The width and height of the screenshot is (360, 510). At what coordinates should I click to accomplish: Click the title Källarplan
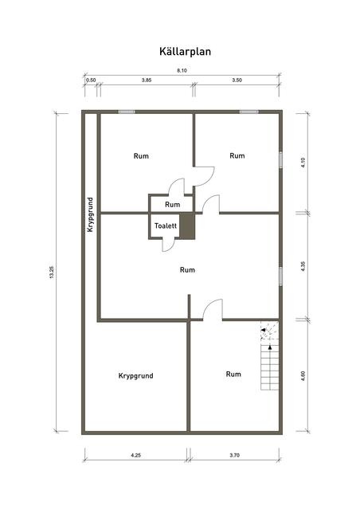(185, 52)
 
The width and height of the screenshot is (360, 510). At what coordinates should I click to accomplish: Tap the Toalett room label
(166, 226)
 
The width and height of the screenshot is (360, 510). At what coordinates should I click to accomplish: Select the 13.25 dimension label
(52, 273)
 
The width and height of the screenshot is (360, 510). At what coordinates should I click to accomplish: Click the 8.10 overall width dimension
(182, 70)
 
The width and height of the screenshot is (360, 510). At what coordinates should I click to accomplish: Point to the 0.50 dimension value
(91, 80)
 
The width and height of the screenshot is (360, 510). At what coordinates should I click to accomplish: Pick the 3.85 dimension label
(147, 80)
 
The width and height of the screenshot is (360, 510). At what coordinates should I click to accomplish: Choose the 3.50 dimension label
(237, 80)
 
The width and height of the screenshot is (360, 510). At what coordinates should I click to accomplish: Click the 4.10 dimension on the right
(303, 163)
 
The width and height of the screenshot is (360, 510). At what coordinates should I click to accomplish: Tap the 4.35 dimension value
(303, 266)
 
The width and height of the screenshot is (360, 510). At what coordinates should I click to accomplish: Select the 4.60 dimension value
(303, 376)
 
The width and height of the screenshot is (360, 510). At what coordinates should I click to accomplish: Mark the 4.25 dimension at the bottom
(136, 455)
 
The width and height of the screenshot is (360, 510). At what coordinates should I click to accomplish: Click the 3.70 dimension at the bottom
(234, 455)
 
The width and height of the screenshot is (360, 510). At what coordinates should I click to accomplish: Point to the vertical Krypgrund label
(90, 214)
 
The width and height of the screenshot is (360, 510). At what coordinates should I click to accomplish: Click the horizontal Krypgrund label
(135, 376)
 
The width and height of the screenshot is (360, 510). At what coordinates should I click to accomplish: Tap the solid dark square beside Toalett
(187, 226)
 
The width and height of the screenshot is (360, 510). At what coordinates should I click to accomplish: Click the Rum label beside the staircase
(233, 374)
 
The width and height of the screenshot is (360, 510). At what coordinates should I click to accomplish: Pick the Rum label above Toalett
(172, 205)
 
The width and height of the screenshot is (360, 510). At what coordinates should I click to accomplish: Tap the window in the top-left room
(127, 112)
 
